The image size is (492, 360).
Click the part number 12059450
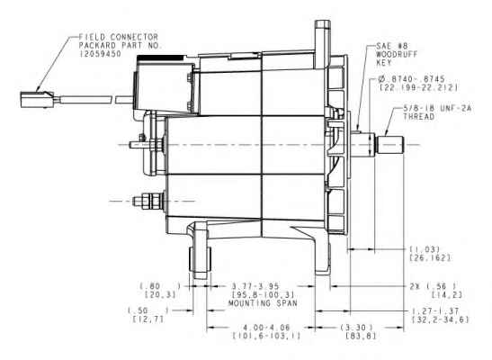tap(101, 54)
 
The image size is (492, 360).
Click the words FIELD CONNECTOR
tap(119, 37)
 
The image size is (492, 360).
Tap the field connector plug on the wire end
tap(37, 100)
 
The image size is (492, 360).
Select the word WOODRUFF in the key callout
tap(397, 54)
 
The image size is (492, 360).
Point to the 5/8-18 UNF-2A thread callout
tap(437, 112)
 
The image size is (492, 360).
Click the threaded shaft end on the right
tap(390, 145)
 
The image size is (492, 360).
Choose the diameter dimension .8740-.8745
tap(407, 79)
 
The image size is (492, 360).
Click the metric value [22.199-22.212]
tap(418, 87)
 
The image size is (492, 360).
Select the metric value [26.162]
tap(430, 257)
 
